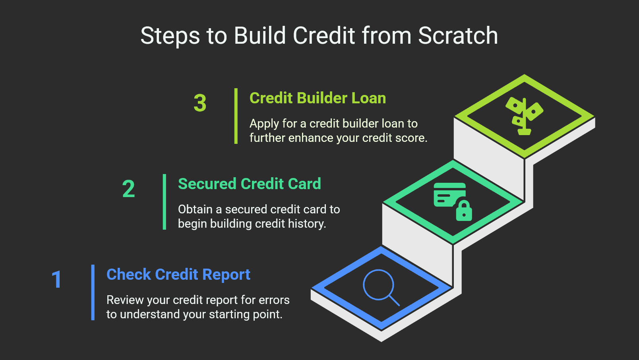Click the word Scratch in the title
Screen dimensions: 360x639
(x=458, y=36)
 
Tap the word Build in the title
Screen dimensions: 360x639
(x=260, y=36)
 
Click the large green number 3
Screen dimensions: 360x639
(x=200, y=103)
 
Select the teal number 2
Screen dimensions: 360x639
(x=128, y=189)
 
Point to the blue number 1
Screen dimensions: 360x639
(x=57, y=279)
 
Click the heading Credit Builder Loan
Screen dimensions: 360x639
(x=318, y=98)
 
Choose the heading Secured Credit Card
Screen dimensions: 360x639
(x=249, y=184)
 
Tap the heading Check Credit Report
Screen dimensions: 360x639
(x=178, y=275)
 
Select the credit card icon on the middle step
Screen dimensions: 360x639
(x=448, y=195)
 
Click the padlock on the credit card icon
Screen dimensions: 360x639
(x=464, y=211)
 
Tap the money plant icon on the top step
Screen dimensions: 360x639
(x=524, y=116)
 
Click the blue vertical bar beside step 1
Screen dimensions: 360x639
(x=93, y=292)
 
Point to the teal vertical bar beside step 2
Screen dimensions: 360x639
(x=165, y=202)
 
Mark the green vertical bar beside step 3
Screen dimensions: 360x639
(x=236, y=116)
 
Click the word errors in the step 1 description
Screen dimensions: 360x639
(x=274, y=300)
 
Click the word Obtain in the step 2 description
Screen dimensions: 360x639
(x=195, y=209)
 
